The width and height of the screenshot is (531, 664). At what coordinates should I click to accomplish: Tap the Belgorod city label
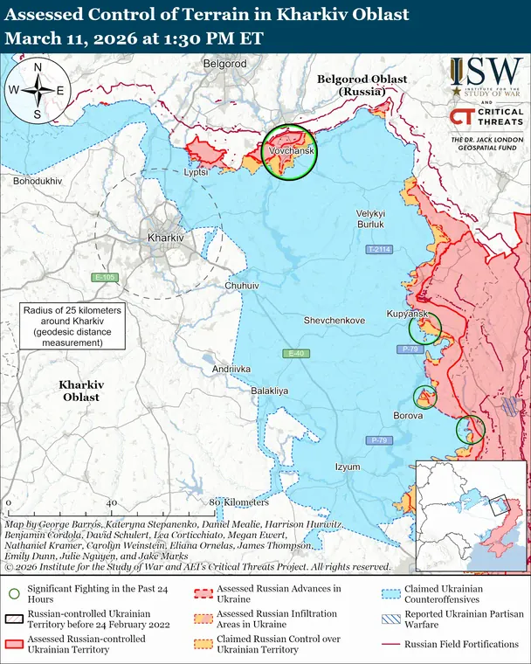225,64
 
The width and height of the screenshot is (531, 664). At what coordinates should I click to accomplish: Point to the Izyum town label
348,467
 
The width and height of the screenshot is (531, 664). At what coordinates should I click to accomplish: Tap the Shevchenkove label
334,321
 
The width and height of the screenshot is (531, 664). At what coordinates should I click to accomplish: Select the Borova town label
409,416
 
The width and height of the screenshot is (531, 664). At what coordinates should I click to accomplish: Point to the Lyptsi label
197,172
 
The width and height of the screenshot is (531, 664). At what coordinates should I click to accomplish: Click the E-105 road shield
105,278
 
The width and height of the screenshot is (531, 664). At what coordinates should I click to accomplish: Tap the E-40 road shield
297,353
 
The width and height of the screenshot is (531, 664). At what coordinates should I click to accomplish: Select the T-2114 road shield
379,250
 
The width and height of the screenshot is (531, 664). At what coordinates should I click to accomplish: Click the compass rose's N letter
38,66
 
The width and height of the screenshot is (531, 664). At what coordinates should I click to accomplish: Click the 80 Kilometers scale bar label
239,502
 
